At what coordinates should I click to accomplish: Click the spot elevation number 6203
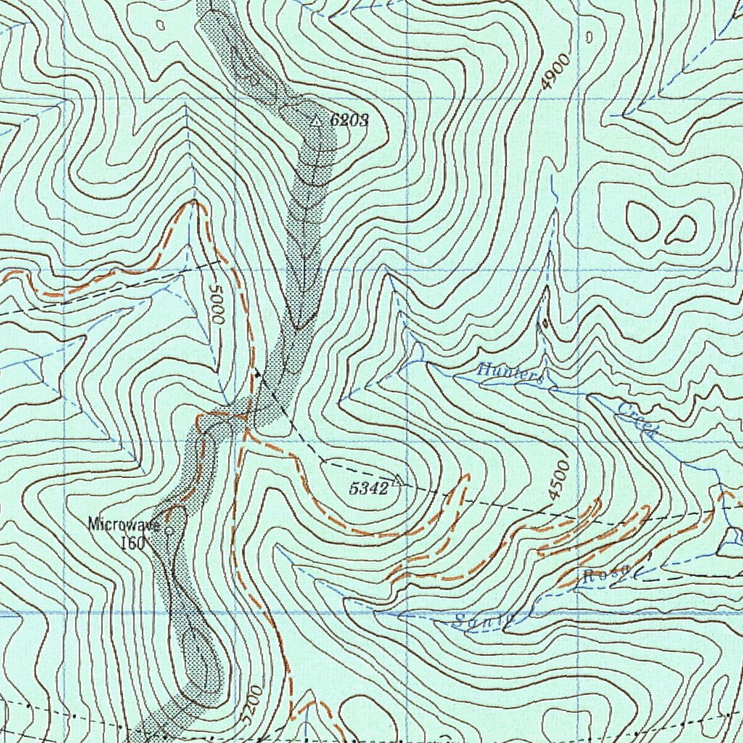click(349, 120)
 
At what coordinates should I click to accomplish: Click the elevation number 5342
click(369, 488)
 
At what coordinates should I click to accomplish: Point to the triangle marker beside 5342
click(398, 480)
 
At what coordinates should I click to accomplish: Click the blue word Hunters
click(511, 374)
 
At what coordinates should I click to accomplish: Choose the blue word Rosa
click(604, 575)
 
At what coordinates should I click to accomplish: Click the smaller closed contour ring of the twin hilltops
click(683, 230)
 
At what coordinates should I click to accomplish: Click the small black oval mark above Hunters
click(544, 323)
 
